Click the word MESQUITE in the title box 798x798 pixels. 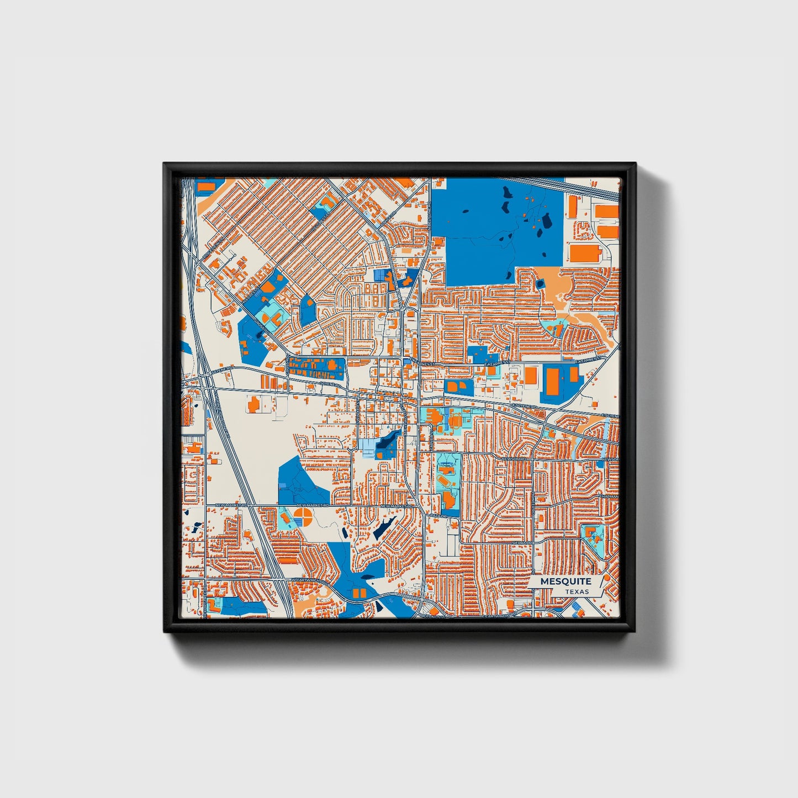coord(566,581)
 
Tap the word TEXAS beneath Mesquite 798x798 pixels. coord(577,591)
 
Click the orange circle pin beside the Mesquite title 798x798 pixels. coord(607,578)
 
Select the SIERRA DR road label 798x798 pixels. coord(522,543)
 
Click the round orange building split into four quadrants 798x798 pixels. coord(302,517)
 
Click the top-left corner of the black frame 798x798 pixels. coord(165,164)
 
